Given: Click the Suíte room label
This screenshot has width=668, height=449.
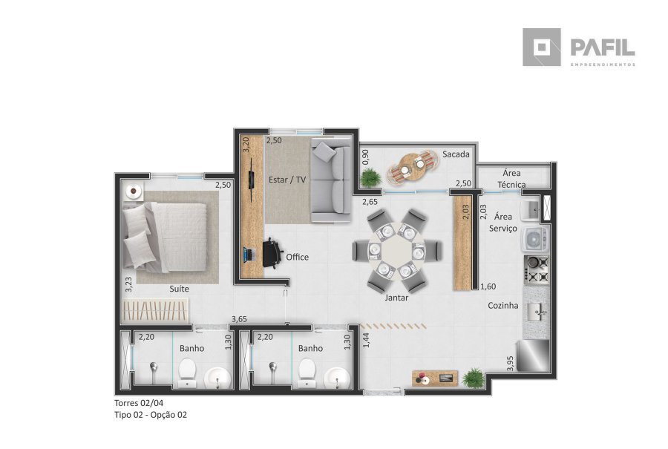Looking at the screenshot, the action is click(x=179, y=289).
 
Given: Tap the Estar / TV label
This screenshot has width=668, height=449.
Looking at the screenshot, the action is click(x=287, y=180).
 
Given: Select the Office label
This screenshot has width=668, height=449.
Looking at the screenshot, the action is click(x=298, y=257).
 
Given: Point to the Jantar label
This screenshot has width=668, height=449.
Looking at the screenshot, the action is click(x=396, y=298).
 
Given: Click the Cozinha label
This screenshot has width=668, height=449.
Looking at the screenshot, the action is click(x=503, y=306).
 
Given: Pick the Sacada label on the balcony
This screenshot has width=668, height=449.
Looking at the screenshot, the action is click(x=456, y=154).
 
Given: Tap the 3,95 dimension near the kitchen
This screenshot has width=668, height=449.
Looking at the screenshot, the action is click(x=511, y=363).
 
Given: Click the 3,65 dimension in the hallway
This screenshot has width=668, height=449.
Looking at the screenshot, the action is click(x=240, y=319).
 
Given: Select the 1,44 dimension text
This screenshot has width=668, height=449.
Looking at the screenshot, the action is click(x=367, y=340).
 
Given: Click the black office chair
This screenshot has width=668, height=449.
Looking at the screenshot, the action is click(x=272, y=253).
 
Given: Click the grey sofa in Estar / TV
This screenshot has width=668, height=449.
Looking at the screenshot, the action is click(x=331, y=180).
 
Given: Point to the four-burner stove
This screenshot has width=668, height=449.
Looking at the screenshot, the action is click(x=537, y=269).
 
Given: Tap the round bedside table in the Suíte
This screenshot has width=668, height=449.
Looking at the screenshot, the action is click(x=134, y=191).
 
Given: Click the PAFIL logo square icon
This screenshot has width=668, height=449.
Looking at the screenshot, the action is click(x=542, y=47).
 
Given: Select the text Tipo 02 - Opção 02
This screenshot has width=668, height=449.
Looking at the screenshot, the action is click(x=151, y=415).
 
